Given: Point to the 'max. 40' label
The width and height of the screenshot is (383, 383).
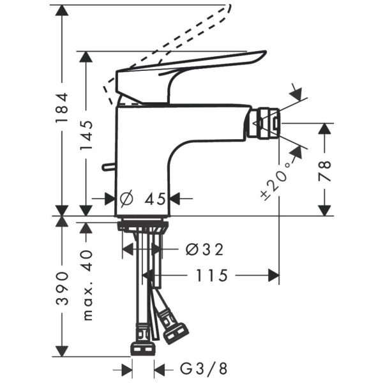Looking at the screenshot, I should click(x=87, y=283).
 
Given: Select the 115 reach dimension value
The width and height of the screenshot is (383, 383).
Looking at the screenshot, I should click(x=211, y=276).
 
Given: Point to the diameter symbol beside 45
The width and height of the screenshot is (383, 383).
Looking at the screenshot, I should click(x=126, y=199).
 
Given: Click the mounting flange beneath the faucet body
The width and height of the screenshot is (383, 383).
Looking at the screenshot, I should click(x=143, y=224).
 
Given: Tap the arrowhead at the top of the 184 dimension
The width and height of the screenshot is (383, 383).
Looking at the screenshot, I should click(x=62, y=8).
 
